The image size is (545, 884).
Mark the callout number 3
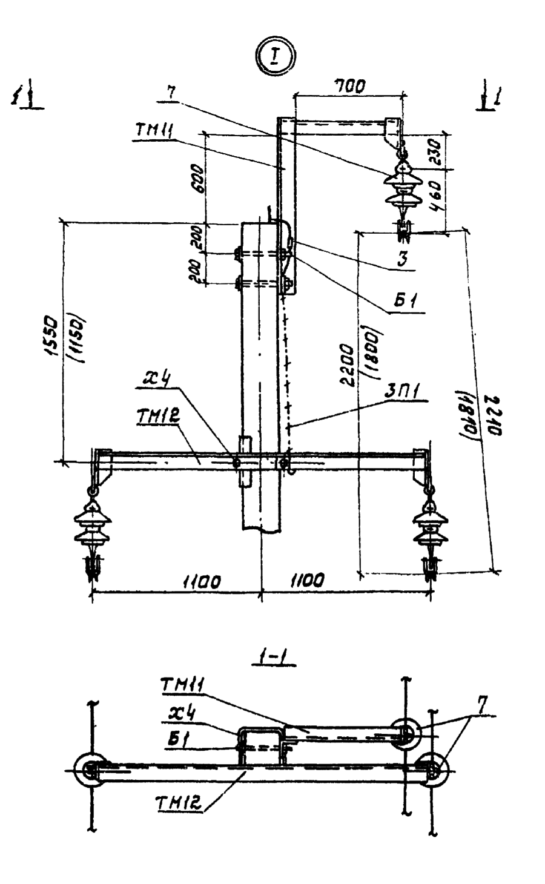coord(401,259)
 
